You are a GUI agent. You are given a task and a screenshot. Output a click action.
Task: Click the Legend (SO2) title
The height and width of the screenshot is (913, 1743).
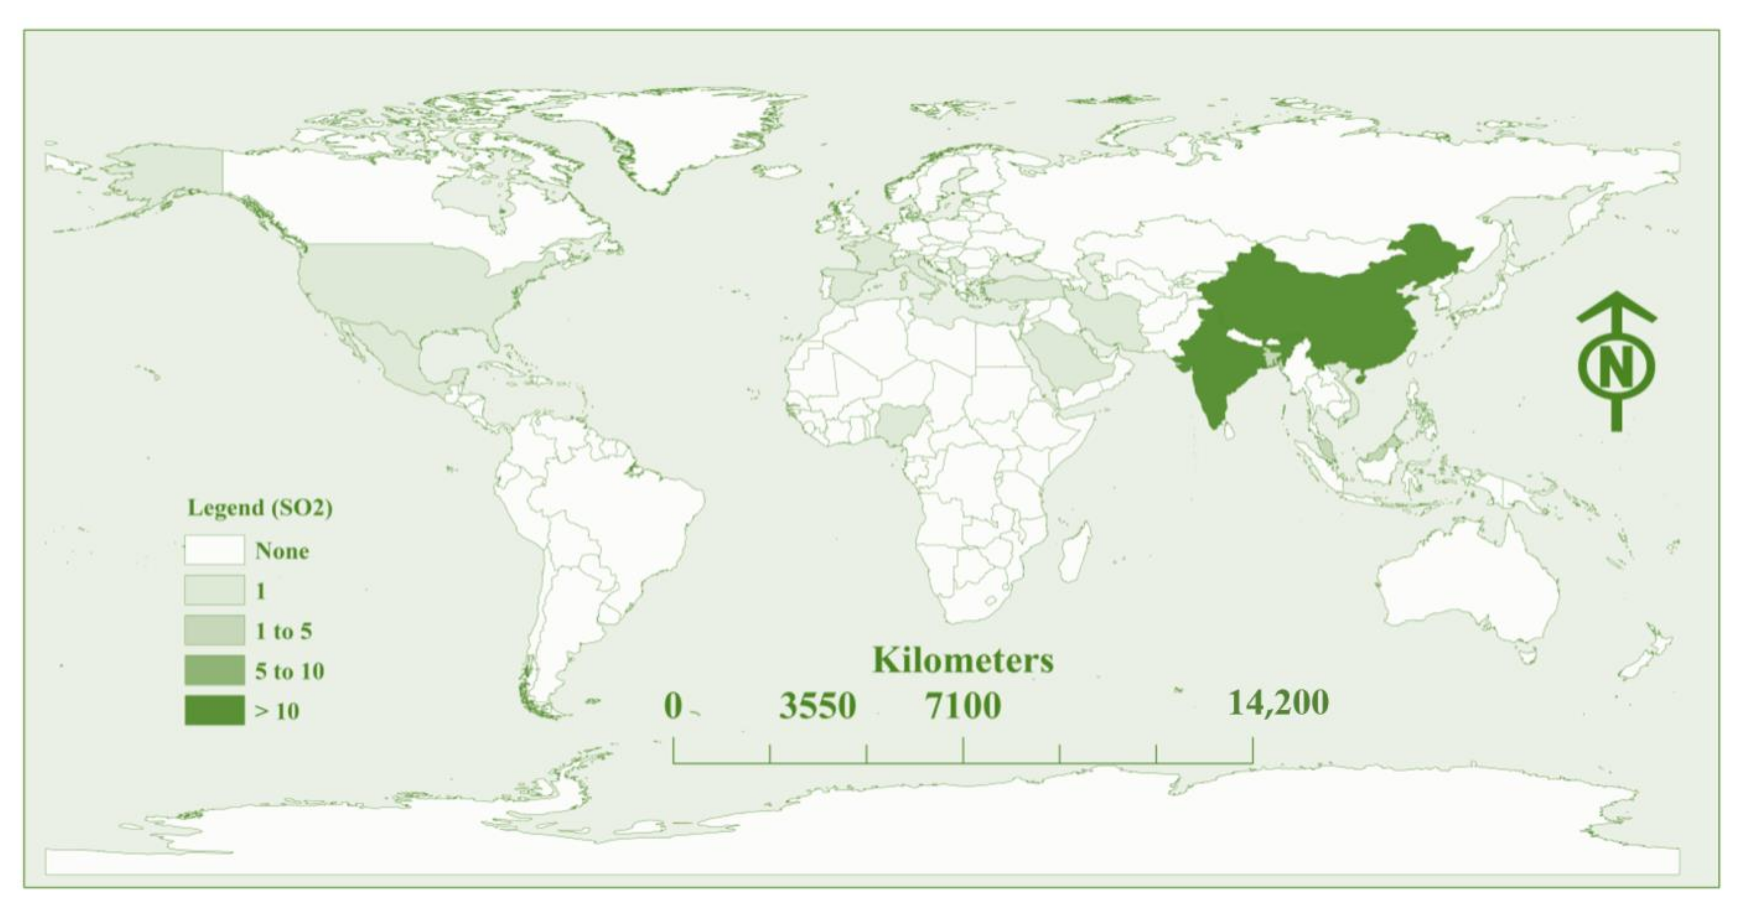(260, 508)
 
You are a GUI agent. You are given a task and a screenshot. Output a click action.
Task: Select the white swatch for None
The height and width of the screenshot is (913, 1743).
(214, 550)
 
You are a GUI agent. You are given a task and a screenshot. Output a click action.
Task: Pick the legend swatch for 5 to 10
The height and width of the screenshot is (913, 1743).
(214, 670)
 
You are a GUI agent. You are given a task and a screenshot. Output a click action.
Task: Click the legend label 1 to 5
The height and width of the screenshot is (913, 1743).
(283, 631)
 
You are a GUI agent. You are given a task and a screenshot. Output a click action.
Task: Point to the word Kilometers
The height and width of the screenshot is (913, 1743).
(963, 661)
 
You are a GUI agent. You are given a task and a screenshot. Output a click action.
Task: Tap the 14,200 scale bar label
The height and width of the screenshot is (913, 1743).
(1278, 703)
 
